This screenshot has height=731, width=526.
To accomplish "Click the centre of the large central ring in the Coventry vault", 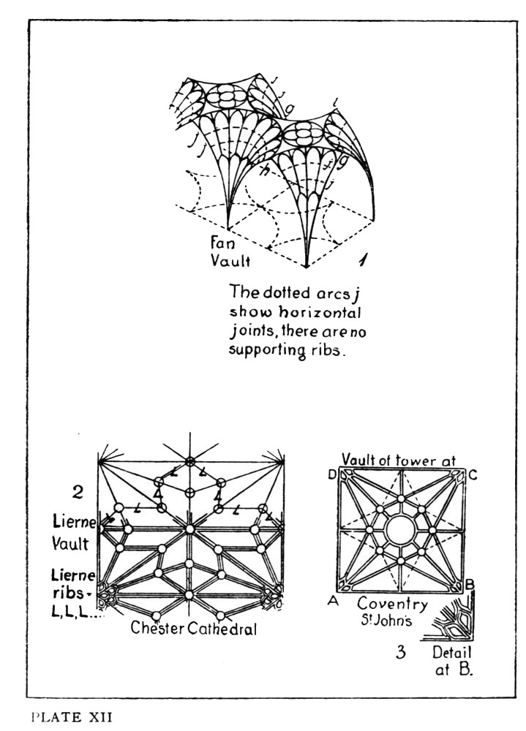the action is tap(400, 530).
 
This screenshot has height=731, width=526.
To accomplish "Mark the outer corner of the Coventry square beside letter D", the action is tap(337, 467).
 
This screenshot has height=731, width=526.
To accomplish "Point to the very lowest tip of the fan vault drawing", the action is tap(306, 267).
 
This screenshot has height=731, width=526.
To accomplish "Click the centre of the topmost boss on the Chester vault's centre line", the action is tap(189, 461).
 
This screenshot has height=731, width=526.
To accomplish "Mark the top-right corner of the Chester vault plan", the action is tap(284, 461).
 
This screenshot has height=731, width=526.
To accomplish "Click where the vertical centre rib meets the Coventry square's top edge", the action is tap(400, 468).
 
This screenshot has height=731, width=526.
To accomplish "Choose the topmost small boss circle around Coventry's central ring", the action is tap(400, 499).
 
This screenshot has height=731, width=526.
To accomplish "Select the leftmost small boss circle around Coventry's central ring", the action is tap(369, 530).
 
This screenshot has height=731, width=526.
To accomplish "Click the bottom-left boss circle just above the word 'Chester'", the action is tap(157, 615).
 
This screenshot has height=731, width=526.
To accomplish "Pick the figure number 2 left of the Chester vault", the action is tap(78, 491).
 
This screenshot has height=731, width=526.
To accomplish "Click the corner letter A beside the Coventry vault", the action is tap(333, 601).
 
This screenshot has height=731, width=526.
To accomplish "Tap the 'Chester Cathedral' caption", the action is tap(194, 628).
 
